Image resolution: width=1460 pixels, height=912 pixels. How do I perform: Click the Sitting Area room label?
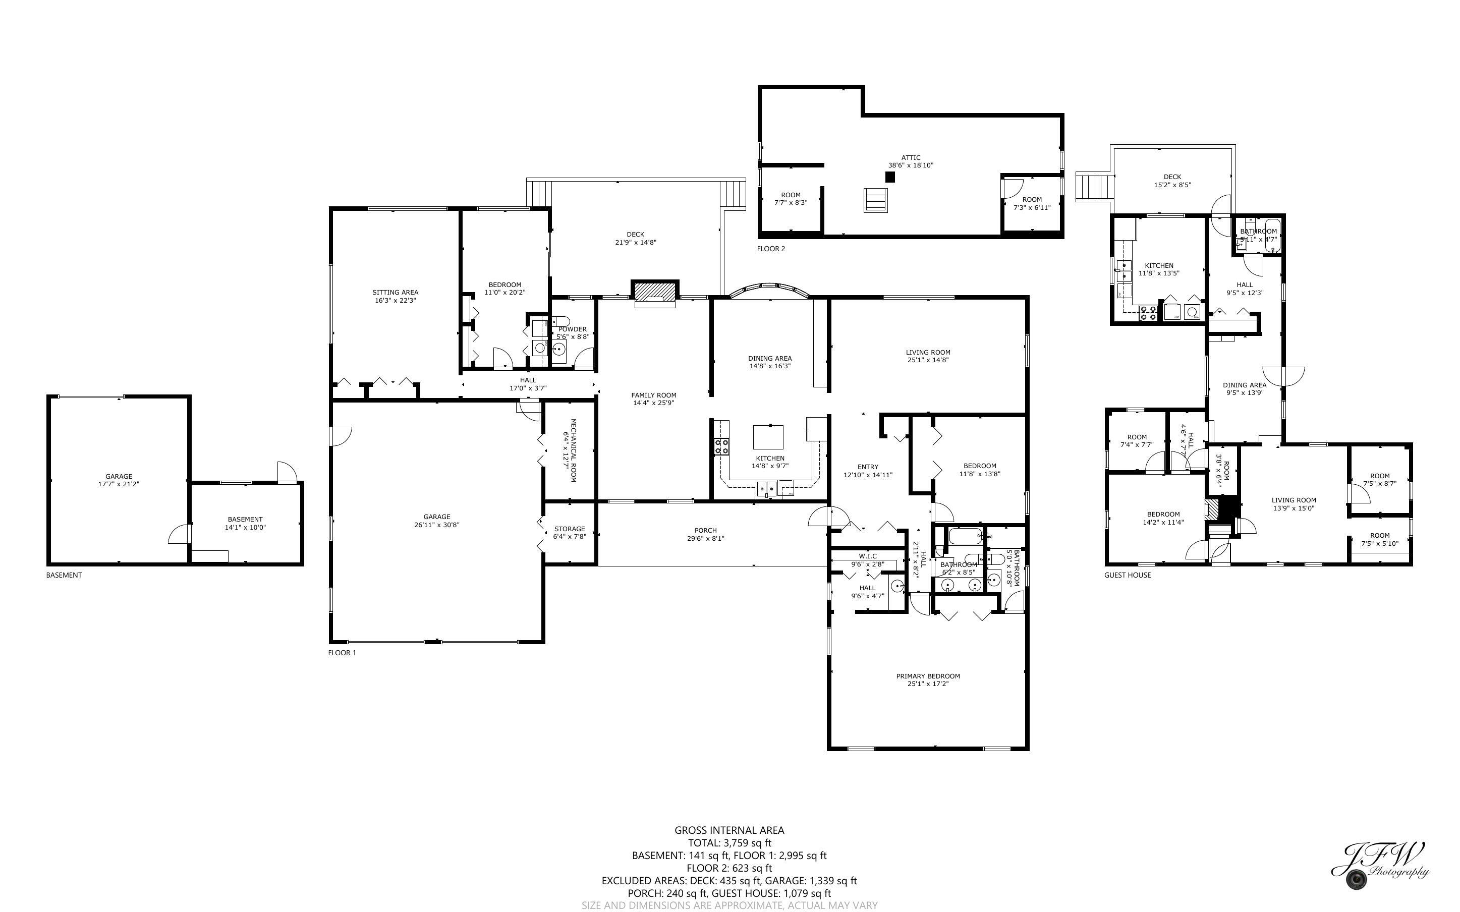tap(395, 293)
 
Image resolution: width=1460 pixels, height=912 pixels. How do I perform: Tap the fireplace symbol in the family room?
tap(654, 293)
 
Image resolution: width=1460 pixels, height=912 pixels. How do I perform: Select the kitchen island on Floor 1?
tap(768, 437)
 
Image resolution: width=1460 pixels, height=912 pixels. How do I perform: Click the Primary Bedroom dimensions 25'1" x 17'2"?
tap(927, 684)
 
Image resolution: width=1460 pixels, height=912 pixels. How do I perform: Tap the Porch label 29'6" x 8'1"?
tap(705, 534)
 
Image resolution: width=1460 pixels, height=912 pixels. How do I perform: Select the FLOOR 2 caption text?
tap(771, 249)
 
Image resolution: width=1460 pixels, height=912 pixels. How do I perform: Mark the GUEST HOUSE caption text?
tap(1127, 575)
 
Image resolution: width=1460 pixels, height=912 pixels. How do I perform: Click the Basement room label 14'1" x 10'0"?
tap(245, 523)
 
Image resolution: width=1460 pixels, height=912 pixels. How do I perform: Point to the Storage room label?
tap(569, 529)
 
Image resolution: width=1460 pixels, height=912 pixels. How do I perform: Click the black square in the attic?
tap(889, 177)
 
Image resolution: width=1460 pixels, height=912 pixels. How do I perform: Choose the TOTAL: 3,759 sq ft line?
tap(729, 842)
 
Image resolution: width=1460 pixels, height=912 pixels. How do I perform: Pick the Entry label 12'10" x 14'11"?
tap(867, 471)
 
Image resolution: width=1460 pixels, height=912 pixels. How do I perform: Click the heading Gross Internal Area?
tap(729, 830)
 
